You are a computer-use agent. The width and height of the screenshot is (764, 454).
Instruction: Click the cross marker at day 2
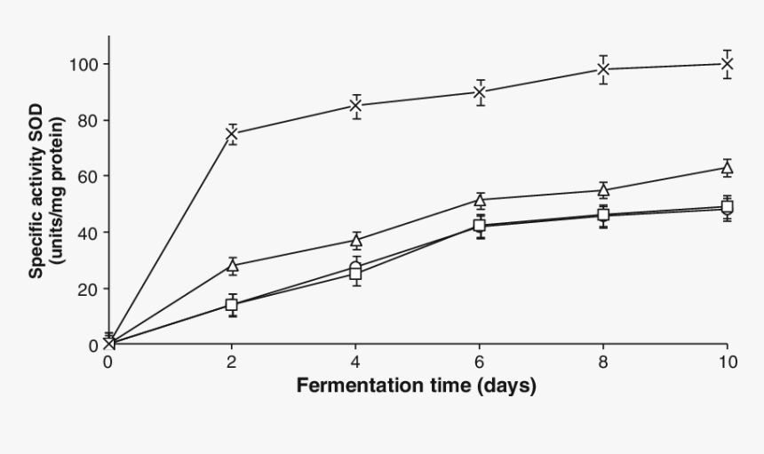point(232,134)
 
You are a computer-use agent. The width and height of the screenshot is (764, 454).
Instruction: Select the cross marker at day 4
point(355,106)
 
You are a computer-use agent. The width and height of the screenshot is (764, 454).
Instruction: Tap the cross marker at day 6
point(480,92)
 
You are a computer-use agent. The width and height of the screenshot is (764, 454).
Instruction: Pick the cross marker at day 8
point(603,69)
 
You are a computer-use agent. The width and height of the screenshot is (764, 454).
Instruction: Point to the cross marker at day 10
point(727,63)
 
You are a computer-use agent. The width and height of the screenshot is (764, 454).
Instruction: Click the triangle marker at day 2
point(232,266)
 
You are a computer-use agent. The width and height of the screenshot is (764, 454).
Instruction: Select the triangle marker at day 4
point(355,240)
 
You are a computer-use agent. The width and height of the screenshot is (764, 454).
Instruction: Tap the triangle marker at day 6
point(480,200)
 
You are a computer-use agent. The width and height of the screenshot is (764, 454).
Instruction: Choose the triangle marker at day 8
point(603,190)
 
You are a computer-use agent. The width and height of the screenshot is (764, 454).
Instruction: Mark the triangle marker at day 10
point(727,167)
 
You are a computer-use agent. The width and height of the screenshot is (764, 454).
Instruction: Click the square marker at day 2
point(232,305)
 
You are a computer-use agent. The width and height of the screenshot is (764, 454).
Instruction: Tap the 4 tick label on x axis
point(355,362)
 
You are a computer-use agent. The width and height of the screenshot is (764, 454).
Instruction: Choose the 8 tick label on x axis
point(603,362)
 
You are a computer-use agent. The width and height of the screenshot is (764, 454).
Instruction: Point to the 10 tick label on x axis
point(727,362)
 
